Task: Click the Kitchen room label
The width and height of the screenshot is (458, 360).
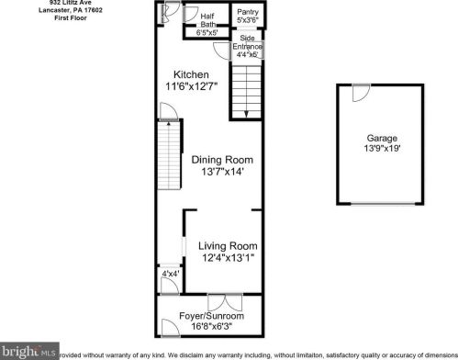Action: (x=191, y=74)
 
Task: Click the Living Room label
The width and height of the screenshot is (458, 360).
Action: (x=229, y=245)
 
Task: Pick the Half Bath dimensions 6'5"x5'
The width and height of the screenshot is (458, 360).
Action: (x=207, y=33)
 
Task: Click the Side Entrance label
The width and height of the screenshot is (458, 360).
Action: (x=248, y=43)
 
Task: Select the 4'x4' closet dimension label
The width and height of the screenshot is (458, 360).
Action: (x=170, y=274)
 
